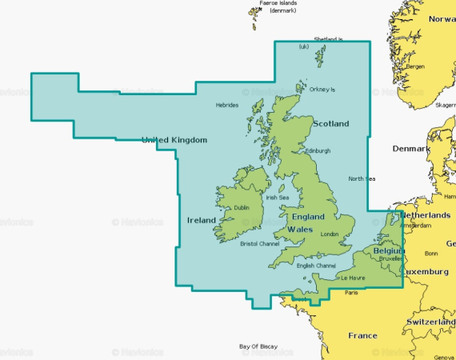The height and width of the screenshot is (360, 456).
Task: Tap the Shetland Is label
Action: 328,38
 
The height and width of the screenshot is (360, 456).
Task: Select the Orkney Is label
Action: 323,89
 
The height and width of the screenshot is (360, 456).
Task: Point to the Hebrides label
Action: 227,105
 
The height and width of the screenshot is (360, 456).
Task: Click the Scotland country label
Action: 330,124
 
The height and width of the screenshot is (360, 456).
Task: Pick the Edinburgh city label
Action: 318,150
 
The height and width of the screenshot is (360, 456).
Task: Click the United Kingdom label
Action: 174,140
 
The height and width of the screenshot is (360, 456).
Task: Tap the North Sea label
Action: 362,178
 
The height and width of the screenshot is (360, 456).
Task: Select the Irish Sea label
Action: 277,198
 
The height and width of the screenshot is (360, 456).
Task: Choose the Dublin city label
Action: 241,208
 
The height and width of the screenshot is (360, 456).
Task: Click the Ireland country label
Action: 201,220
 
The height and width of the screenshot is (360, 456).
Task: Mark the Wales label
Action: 299,230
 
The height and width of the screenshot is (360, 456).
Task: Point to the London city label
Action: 330,234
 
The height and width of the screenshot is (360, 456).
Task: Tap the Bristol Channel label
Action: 260,243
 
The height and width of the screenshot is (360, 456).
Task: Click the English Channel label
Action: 316,265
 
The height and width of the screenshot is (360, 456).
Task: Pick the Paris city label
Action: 350,293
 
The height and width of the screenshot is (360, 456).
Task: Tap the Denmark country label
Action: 410,149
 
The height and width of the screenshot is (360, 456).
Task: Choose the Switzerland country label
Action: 430,322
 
